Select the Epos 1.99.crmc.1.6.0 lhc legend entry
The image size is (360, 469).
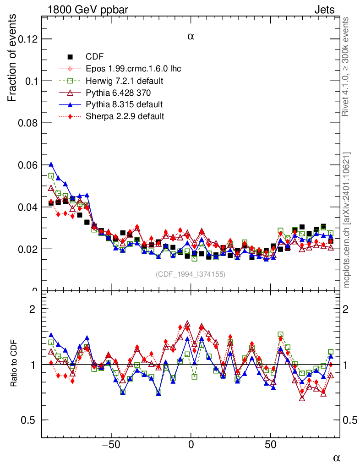point(133,69)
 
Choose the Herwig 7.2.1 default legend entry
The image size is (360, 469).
point(125,81)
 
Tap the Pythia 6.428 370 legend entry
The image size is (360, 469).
point(118,93)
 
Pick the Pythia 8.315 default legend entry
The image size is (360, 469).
point(124,104)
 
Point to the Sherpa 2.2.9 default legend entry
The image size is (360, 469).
point(125,116)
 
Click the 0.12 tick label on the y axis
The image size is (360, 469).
point(27,39)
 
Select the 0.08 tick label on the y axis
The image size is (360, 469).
point(27,123)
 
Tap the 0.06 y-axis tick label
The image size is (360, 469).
point(27,165)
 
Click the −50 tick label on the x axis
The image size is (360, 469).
point(110,445)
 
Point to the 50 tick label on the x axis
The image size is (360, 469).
point(271,445)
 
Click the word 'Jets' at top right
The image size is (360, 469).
point(324,9)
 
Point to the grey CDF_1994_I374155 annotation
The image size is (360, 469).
point(191,274)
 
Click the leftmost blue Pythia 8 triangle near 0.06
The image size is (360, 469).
point(51,164)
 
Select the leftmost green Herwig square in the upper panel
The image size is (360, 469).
point(51,175)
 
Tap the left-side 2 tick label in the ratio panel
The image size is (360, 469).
point(33,309)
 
